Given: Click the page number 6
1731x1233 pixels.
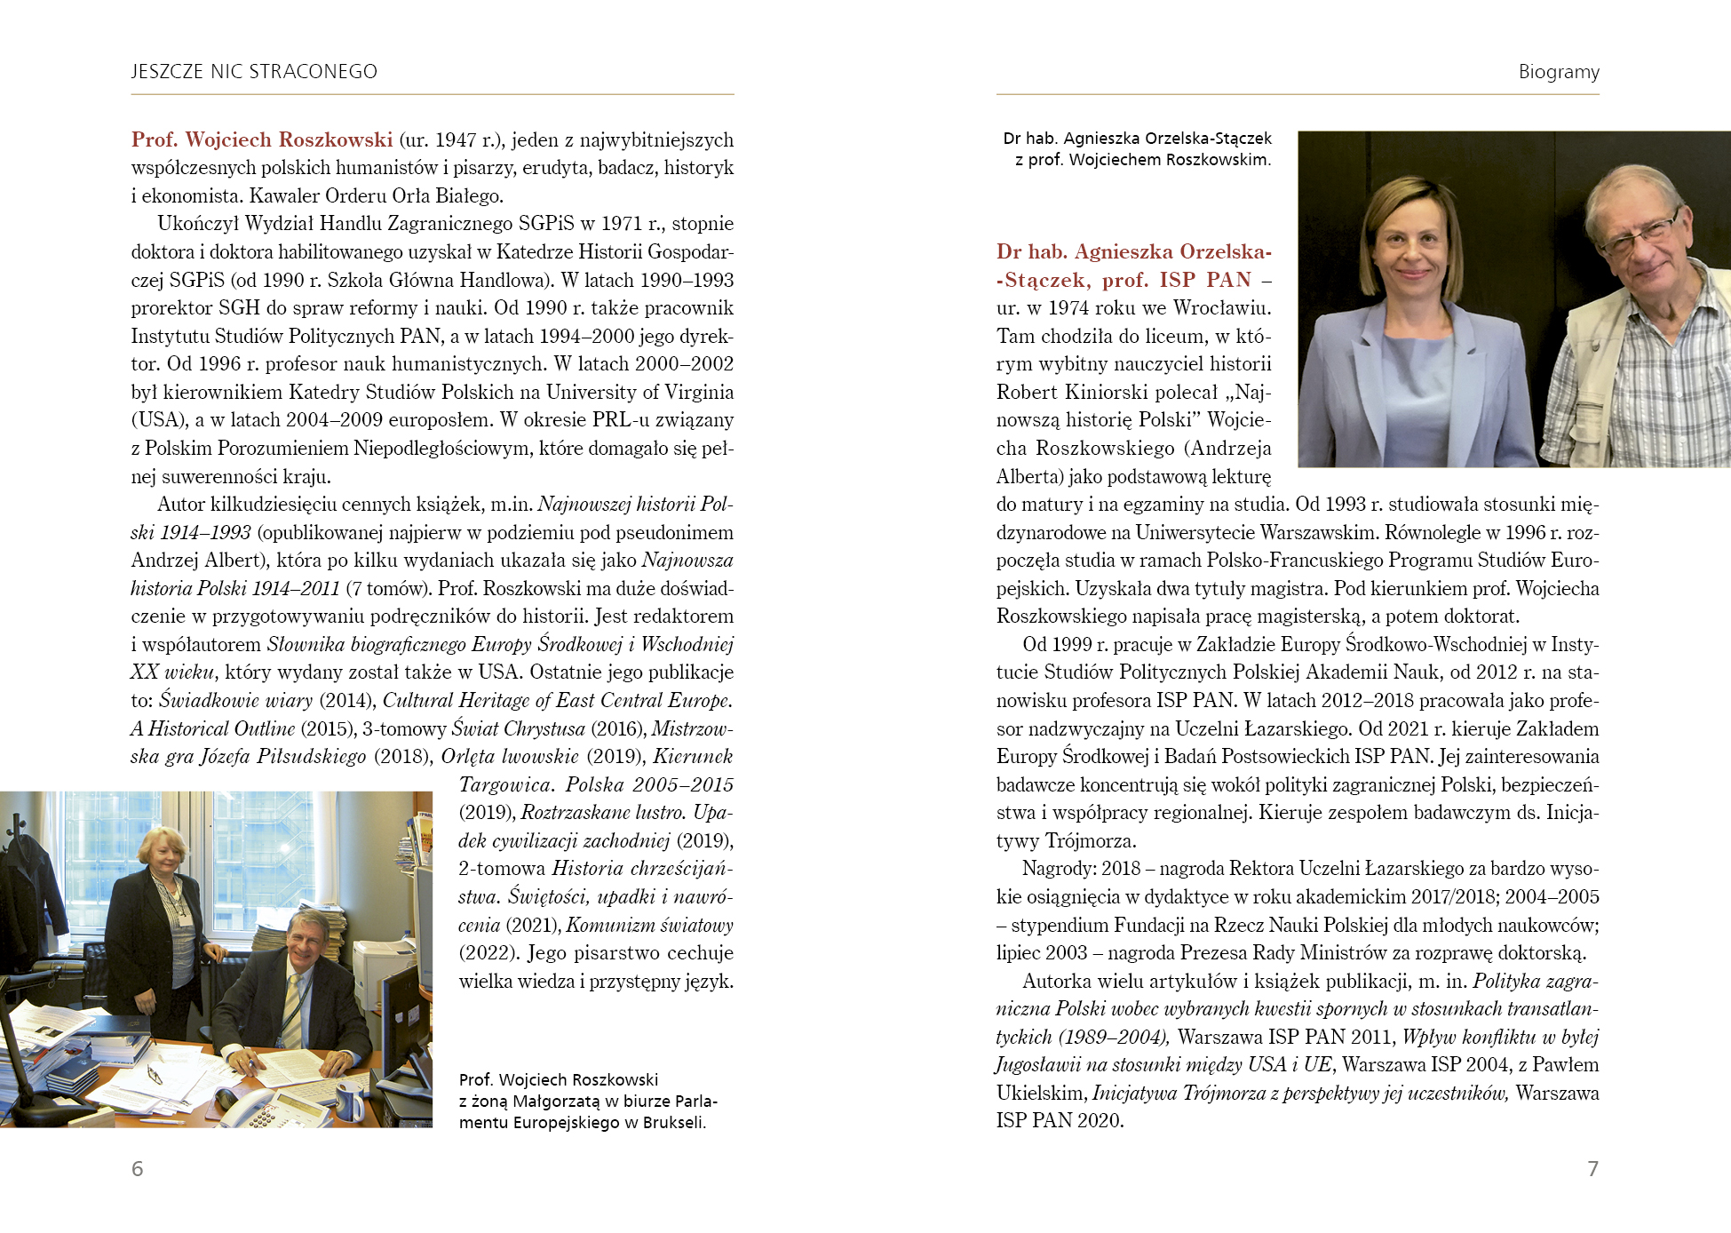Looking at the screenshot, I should pos(138,1168).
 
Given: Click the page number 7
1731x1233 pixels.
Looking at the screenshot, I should pos(1592,1168).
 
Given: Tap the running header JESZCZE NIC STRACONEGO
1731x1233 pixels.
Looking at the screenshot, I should pos(254,72).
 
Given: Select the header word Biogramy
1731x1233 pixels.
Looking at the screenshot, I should pos(1559,72).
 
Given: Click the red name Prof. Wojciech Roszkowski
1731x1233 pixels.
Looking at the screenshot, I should pos(262,139).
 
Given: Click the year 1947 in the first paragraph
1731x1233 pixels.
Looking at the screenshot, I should pos(456,140).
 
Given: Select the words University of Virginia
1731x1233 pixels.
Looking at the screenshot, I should pos(639,393).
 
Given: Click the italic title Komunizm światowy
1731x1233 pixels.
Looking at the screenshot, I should pos(649,926).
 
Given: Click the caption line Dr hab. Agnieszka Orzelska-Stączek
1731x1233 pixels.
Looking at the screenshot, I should pos(1137,139).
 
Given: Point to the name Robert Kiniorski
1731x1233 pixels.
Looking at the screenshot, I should pos(1062,393).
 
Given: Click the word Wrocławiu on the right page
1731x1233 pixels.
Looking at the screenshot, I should pos(1222,308).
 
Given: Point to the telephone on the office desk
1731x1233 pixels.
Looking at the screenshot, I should pos(249,1106).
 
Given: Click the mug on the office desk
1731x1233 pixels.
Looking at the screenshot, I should pos(349,1102).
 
